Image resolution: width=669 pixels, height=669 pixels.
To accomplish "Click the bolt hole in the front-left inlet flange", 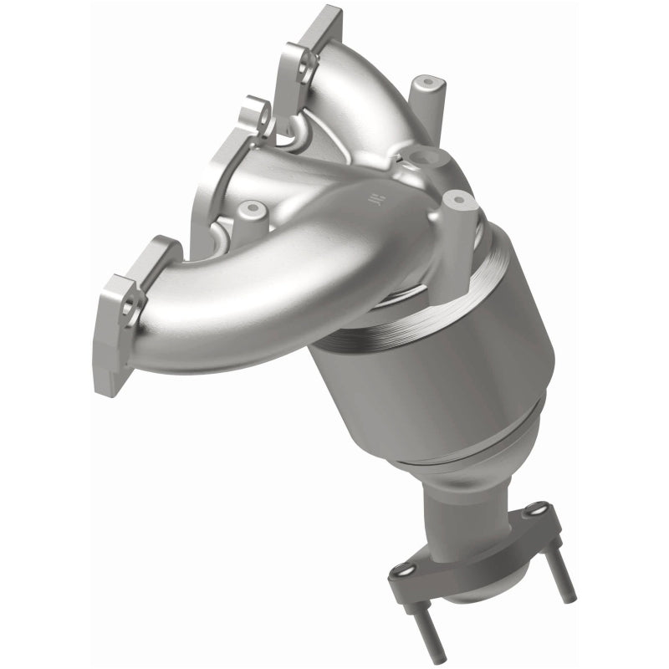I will pyautogui.click(x=130, y=310).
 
